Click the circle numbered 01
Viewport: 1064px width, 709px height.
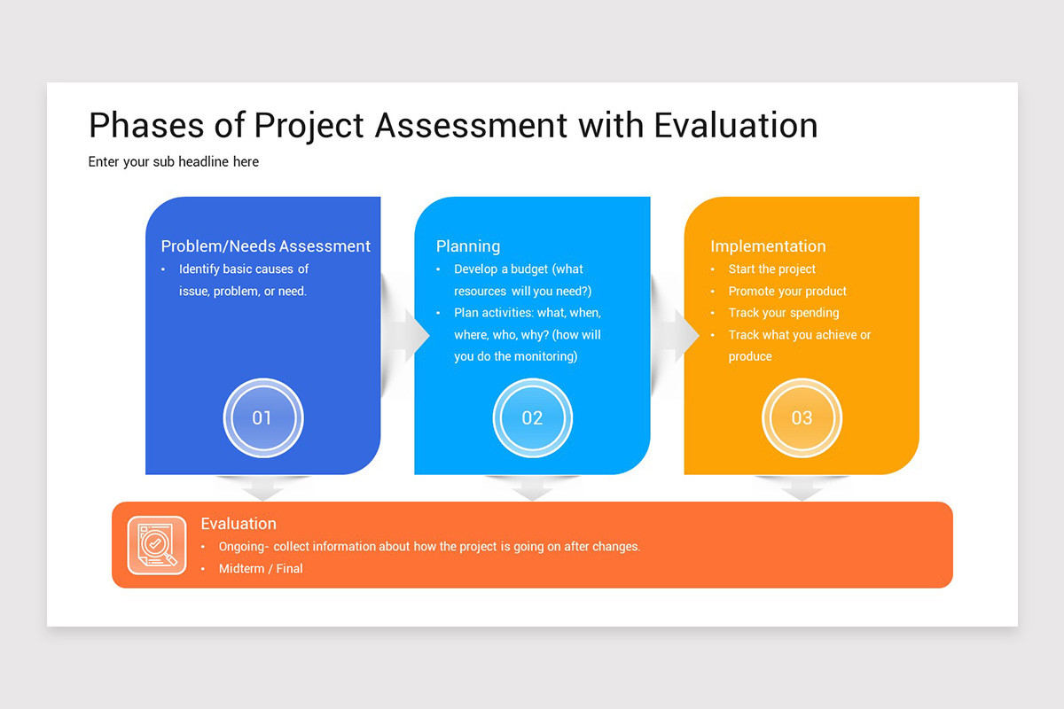click(262, 418)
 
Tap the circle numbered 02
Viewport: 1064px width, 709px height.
click(532, 418)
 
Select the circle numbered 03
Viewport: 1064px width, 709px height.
click(802, 418)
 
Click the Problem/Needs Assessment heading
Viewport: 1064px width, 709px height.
click(266, 246)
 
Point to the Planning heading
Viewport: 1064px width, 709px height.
click(468, 246)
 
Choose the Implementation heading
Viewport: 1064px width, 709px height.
click(768, 246)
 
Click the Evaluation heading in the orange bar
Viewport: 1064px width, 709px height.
click(239, 524)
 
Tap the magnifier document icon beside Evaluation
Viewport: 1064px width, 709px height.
click(157, 545)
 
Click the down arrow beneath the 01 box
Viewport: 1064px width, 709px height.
click(262, 488)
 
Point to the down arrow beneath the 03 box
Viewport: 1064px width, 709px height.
click(802, 488)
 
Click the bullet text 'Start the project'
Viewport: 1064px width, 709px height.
click(771, 269)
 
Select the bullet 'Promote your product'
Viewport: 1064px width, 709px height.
click(787, 292)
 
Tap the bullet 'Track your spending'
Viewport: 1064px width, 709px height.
click(783, 313)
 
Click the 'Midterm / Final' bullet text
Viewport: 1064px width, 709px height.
click(261, 569)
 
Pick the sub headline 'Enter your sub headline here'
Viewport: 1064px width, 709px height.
click(174, 162)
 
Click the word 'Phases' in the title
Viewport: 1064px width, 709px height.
click(146, 126)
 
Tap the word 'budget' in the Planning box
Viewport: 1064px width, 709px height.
click(529, 269)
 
